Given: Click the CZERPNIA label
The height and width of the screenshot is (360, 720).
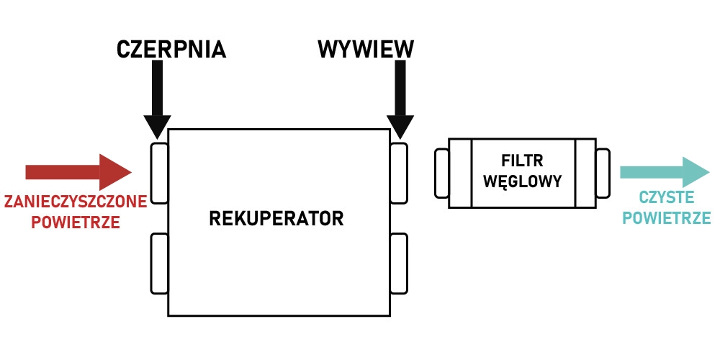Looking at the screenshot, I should point(171,49).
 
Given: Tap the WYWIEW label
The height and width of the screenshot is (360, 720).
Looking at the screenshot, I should point(366,49).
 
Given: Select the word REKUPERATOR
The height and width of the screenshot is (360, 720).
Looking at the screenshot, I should point(276,218).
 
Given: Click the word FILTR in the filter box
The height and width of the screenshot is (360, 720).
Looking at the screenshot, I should point(523,160).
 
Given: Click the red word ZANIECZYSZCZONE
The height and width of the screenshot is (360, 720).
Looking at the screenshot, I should point(75,202).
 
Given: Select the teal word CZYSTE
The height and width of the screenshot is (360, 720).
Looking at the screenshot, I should point(666,197).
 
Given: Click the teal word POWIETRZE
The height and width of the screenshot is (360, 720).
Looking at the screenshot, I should point(666,218).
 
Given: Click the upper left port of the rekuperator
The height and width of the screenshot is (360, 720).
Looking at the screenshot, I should point(159,173).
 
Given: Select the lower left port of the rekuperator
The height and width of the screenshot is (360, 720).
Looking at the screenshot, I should point(159,263).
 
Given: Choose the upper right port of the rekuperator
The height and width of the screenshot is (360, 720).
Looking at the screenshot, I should point(398,173).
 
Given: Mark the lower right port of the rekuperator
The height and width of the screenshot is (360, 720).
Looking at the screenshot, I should point(398,263).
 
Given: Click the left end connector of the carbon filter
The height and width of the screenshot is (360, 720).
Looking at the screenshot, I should point(441,173).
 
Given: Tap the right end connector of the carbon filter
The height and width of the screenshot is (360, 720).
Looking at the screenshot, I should point(603,173).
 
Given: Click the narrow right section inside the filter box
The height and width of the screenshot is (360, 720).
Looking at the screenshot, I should point(585,173).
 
